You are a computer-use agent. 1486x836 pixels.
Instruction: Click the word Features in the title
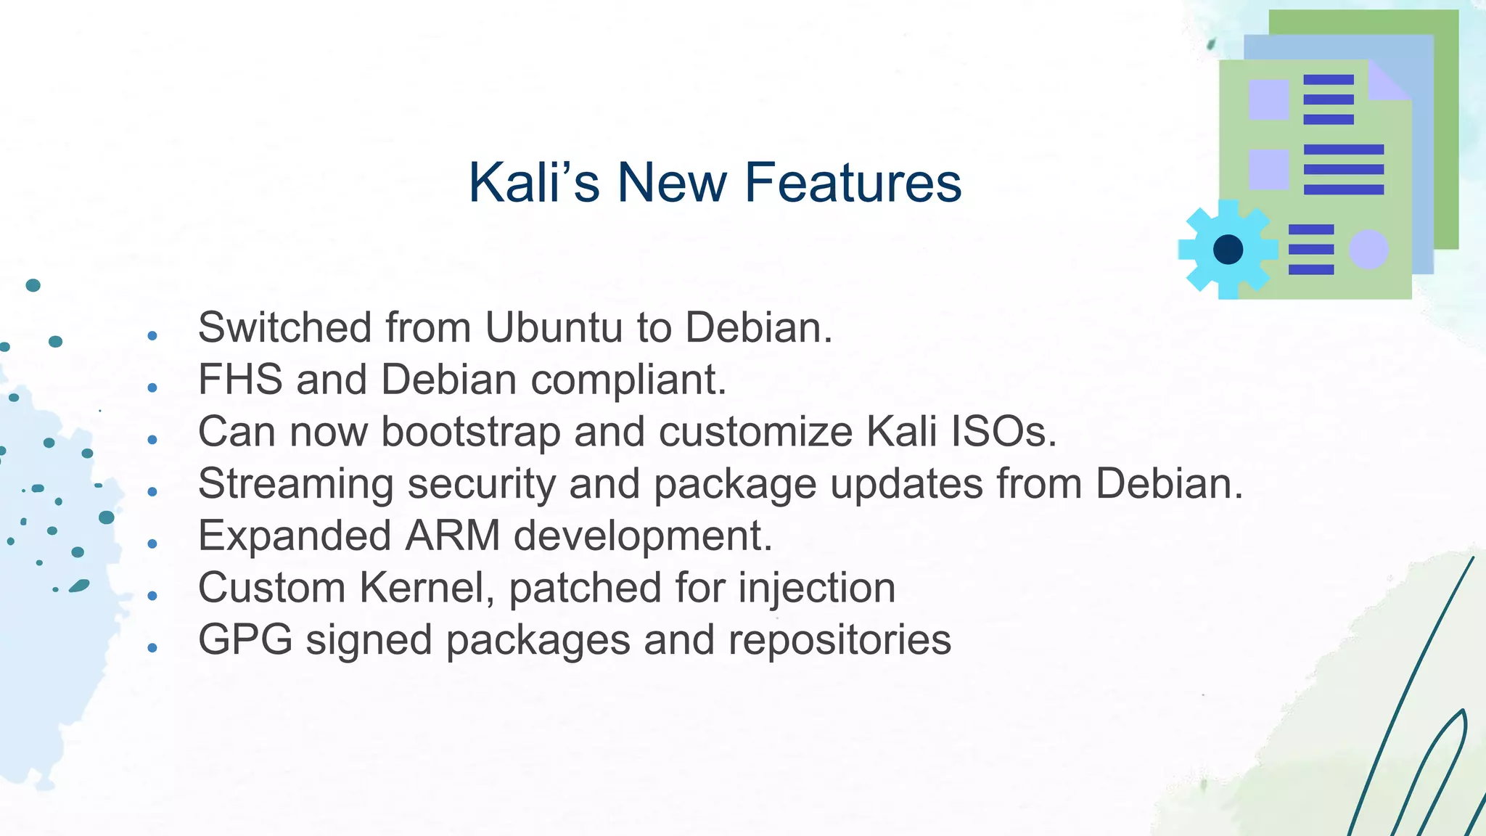point(853,183)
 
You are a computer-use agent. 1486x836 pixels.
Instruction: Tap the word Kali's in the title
point(534,183)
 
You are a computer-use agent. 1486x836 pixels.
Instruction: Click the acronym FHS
point(240,380)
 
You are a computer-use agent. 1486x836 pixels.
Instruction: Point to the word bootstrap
point(471,433)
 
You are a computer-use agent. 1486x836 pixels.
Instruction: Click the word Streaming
point(295,485)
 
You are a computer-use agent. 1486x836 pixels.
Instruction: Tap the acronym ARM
point(452,536)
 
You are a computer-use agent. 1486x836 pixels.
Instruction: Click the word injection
point(816,589)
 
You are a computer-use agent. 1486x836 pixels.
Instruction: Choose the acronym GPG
point(245,640)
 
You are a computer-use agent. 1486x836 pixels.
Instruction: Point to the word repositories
point(840,641)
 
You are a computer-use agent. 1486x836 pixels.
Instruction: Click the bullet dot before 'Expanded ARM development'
point(152,544)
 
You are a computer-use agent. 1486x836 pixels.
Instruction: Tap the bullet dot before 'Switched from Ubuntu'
point(152,335)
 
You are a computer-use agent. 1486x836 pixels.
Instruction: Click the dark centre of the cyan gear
point(1228,250)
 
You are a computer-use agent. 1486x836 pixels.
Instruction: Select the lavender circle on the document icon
point(1368,250)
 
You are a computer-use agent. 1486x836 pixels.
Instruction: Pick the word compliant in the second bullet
point(628,380)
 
